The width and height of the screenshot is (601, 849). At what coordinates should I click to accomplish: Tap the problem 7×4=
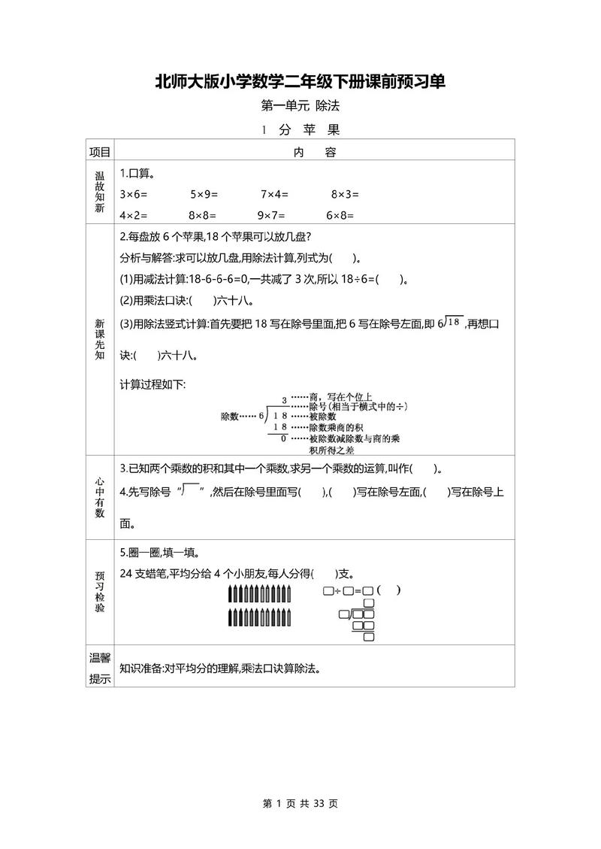pyautogui.click(x=276, y=194)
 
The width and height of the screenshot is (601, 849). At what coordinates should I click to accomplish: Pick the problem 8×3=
pyautogui.click(x=346, y=194)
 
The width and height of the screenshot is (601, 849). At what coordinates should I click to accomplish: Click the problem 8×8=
pyautogui.click(x=203, y=214)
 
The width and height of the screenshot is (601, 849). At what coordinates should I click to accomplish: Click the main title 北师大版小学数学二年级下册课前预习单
pyautogui.click(x=300, y=82)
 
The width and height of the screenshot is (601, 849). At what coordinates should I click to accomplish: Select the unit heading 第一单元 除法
pyautogui.click(x=300, y=106)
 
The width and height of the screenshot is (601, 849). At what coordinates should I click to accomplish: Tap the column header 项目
pyautogui.click(x=100, y=152)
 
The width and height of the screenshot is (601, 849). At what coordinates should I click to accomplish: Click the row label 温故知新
pyautogui.click(x=100, y=193)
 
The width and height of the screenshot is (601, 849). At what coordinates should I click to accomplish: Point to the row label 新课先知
pyautogui.click(x=100, y=339)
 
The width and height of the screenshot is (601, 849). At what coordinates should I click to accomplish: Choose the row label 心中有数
pyautogui.click(x=100, y=497)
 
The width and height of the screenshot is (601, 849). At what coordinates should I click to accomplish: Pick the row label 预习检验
pyautogui.click(x=100, y=591)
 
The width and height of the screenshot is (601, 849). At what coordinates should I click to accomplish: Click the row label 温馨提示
pyautogui.click(x=100, y=668)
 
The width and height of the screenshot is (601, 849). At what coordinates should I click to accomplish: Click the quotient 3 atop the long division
pyautogui.click(x=284, y=400)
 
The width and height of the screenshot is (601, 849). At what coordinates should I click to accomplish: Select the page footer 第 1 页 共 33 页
pyautogui.click(x=300, y=804)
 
